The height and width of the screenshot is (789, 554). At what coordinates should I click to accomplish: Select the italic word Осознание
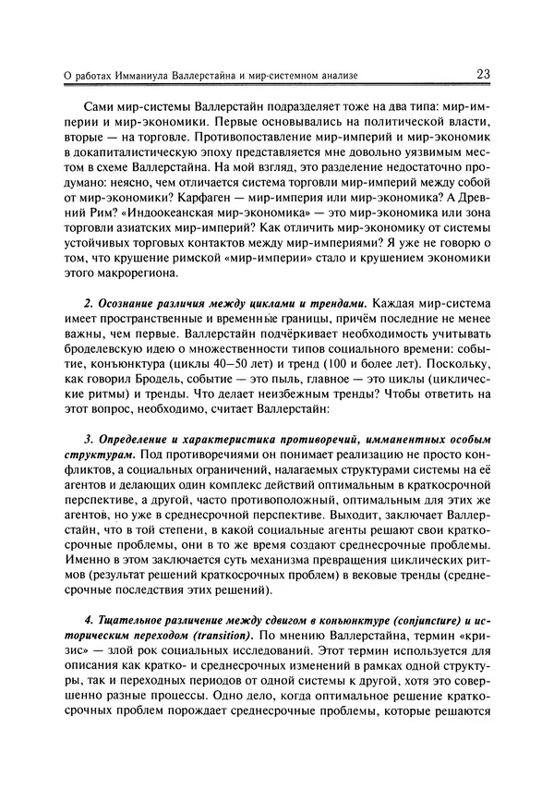pyautogui.click(x=126, y=302)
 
